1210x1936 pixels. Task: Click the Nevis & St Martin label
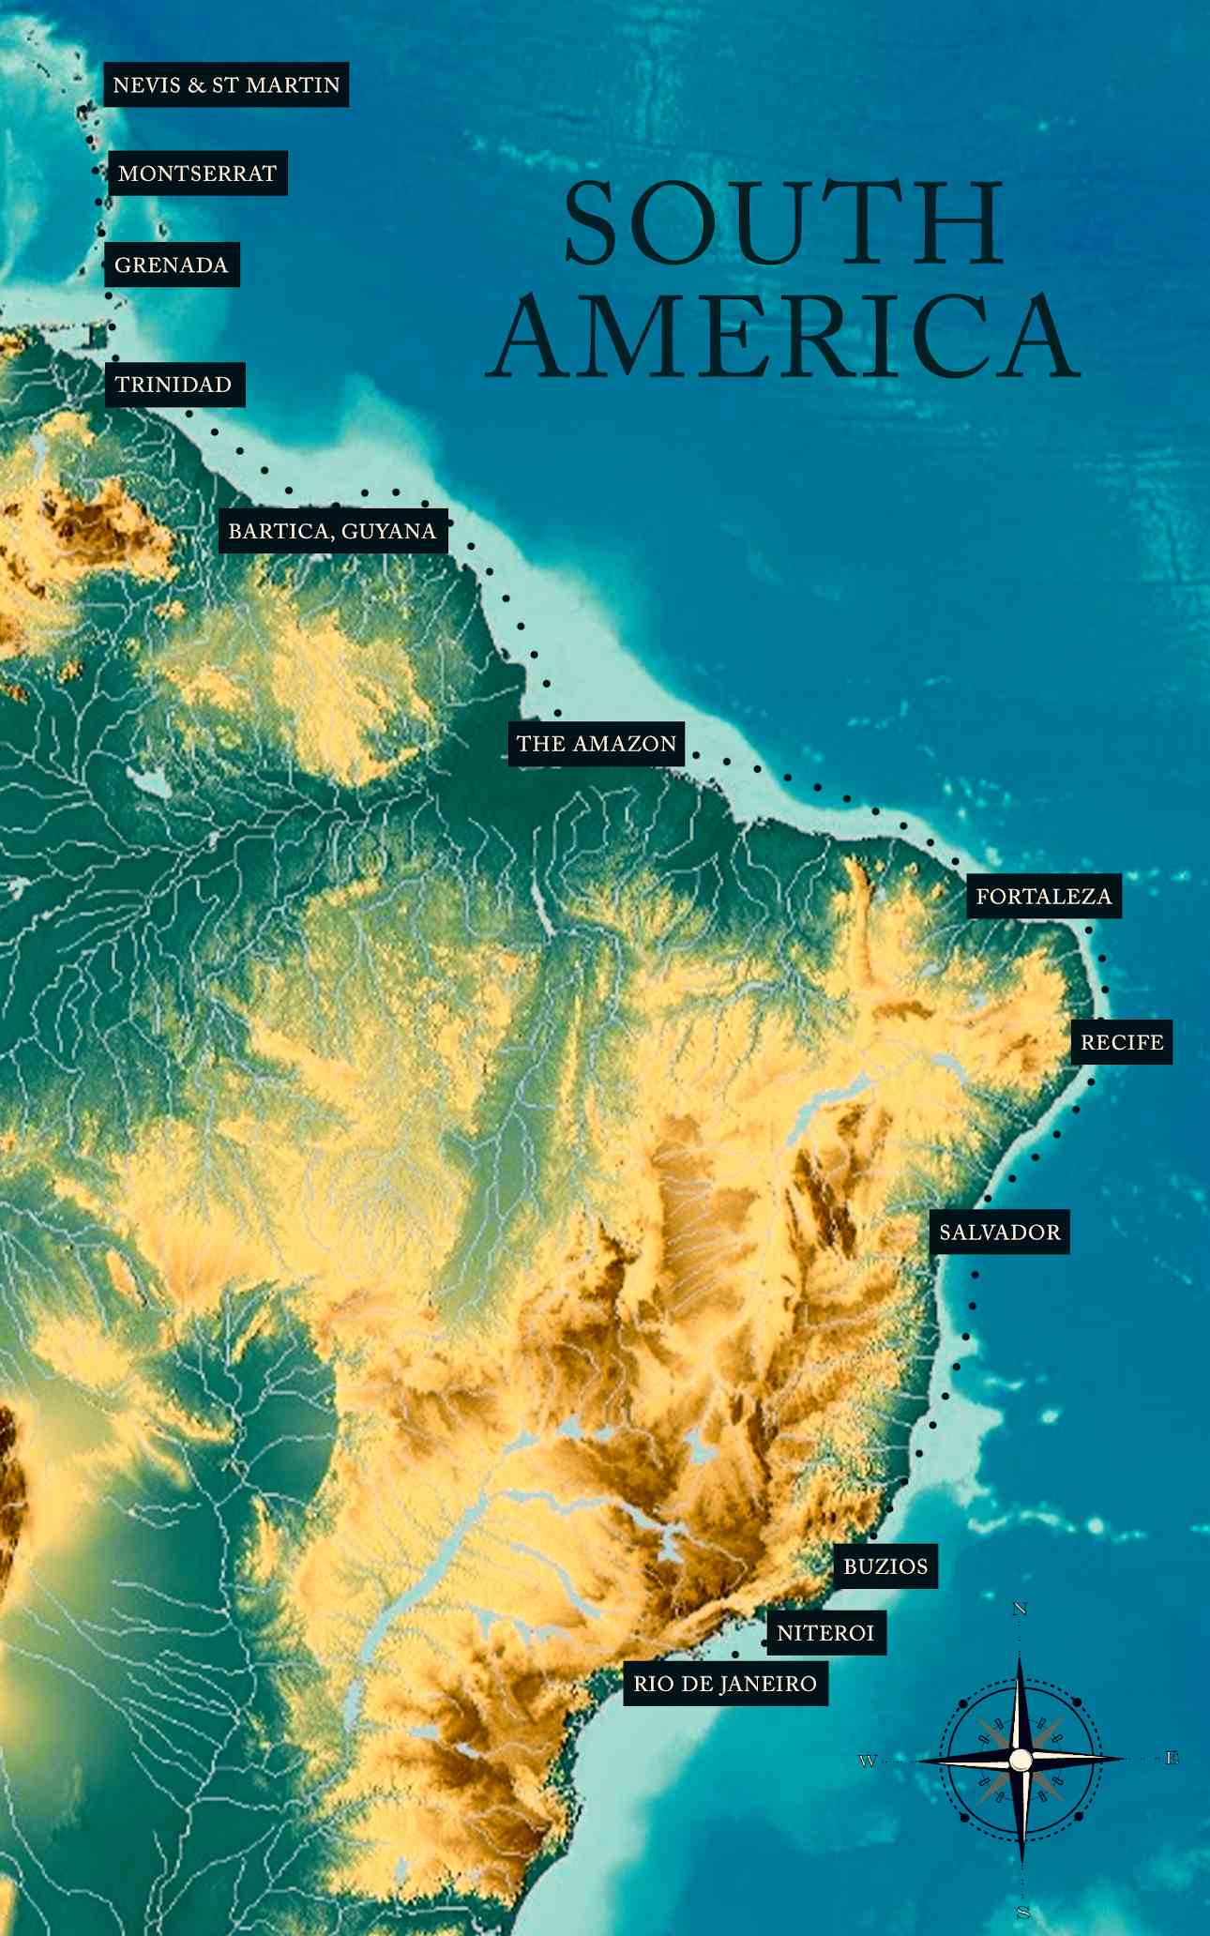(x=226, y=84)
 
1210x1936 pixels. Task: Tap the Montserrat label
(x=197, y=174)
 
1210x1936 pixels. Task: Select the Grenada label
(x=172, y=265)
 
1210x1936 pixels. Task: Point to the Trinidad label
(x=174, y=385)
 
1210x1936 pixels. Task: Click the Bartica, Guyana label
(x=332, y=531)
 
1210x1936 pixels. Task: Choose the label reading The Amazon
(x=597, y=744)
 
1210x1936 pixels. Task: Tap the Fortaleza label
(x=1044, y=896)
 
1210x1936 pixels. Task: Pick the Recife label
(x=1122, y=1042)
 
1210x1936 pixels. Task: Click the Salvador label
(x=1000, y=1232)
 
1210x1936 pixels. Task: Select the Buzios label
(x=885, y=1565)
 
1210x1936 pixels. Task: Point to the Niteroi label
(x=825, y=1633)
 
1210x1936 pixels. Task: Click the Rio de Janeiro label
(x=725, y=1684)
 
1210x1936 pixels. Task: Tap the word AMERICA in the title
(x=782, y=337)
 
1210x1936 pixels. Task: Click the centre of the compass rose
(x=1021, y=1761)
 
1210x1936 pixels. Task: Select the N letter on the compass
(x=1021, y=1610)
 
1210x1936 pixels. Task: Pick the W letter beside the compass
(x=868, y=1762)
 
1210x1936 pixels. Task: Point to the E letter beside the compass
(x=1172, y=1759)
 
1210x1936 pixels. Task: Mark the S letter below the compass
(x=1022, y=1912)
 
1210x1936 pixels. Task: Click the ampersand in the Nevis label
(x=196, y=85)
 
